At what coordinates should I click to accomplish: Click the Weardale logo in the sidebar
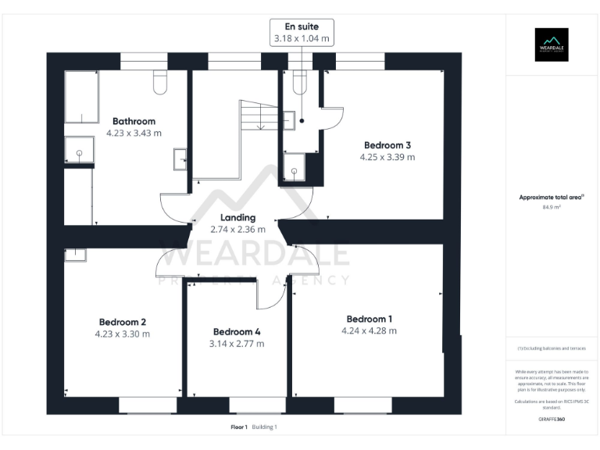pyautogui.click(x=551, y=45)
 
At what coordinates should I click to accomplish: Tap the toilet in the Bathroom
pyautogui.click(x=161, y=82)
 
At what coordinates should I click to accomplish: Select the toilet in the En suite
pyautogui.click(x=298, y=82)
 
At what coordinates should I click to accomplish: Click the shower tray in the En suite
pyautogui.click(x=295, y=166)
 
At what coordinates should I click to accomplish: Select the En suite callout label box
pyautogui.click(x=302, y=31)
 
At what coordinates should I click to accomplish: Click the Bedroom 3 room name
pyautogui.click(x=387, y=145)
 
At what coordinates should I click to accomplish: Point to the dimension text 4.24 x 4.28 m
pyautogui.click(x=369, y=330)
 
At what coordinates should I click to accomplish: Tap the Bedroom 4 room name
pyautogui.click(x=236, y=331)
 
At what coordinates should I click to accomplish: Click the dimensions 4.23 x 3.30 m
pyautogui.click(x=122, y=334)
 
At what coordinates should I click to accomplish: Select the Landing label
pyautogui.click(x=237, y=217)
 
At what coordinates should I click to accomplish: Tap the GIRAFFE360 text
pyautogui.click(x=552, y=420)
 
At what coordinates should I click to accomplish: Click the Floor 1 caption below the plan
pyautogui.click(x=239, y=427)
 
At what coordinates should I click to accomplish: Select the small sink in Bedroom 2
pyautogui.click(x=76, y=253)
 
